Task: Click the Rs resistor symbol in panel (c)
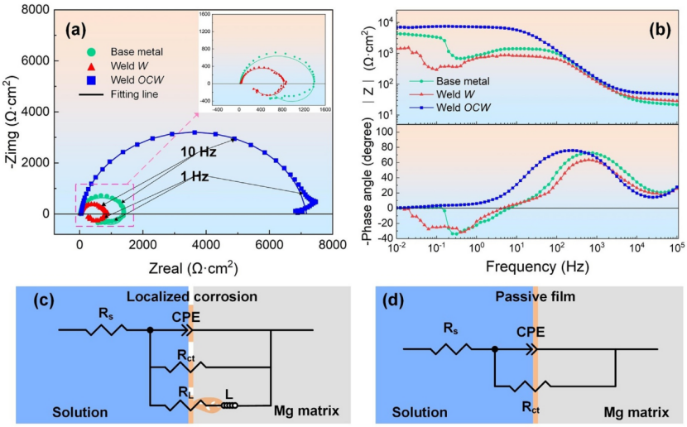click(103, 330)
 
